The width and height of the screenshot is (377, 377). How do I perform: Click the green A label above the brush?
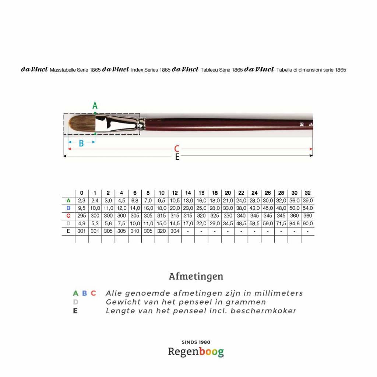coord(95,106)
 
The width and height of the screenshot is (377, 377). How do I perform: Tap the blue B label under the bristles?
coord(81,144)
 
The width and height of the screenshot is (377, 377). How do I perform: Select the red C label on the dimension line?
coord(177,149)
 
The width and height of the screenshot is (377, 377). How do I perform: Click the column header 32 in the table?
coord(308,193)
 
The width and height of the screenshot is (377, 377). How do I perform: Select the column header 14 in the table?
coord(188,193)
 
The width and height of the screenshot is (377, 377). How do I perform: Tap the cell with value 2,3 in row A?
coord(82,201)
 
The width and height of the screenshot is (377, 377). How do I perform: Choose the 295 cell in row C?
coord(82,216)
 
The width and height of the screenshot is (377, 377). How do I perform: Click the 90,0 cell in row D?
coord(308,223)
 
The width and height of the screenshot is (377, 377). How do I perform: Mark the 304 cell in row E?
coord(175,231)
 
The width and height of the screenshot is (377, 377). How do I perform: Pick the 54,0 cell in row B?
coord(308,208)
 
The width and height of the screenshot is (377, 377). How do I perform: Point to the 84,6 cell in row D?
coord(295,223)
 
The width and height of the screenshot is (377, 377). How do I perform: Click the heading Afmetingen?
coord(196,276)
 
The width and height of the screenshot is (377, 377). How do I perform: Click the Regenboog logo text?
coord(196,352)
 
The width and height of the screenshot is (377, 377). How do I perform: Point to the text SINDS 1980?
coord(196,342)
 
